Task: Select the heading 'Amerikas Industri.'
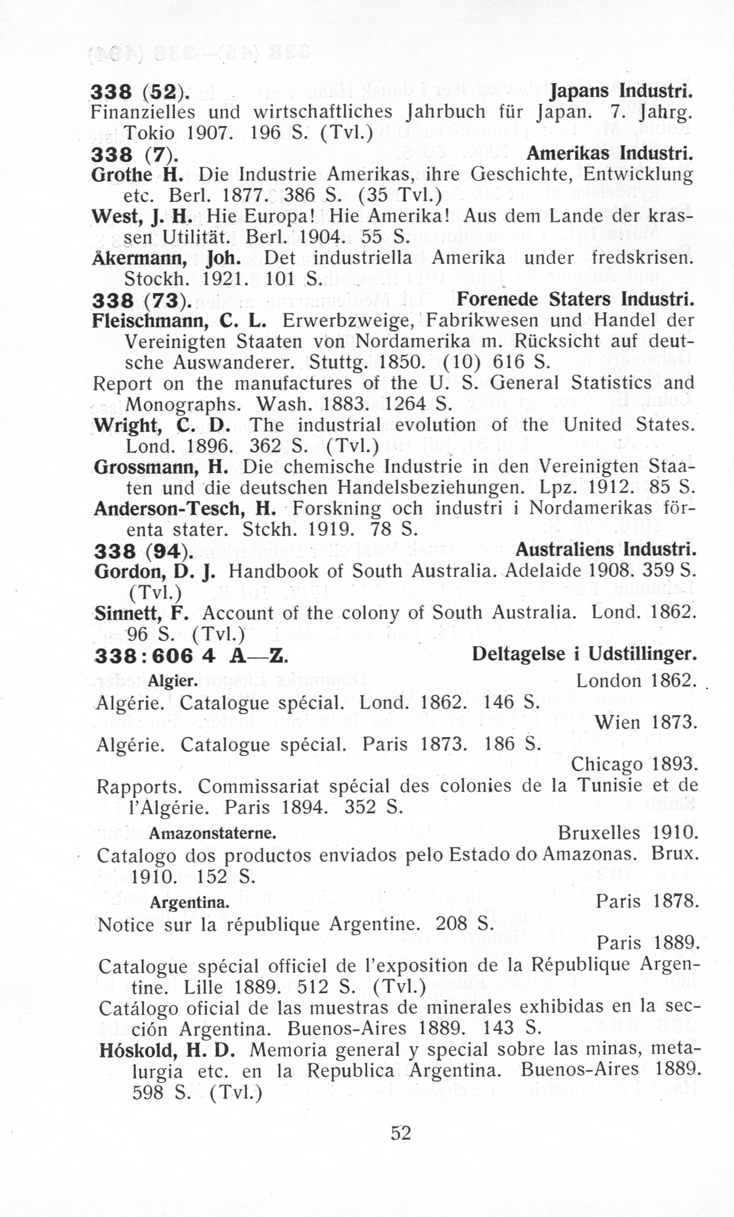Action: point(610,154)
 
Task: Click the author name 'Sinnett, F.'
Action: point(142,613)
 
